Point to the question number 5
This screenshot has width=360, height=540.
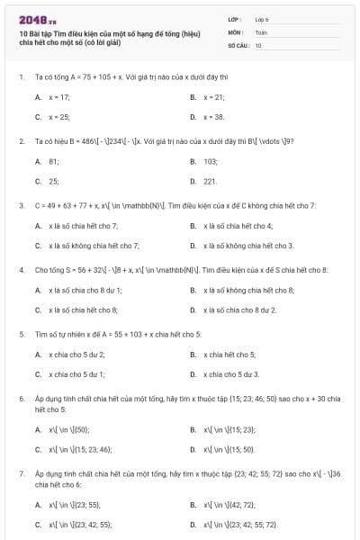(21, 334)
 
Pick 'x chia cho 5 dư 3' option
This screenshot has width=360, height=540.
(231, 373)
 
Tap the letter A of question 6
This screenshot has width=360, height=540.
(38, 428)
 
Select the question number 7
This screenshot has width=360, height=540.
(21, 472)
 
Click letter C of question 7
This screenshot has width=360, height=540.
(38, 523)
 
